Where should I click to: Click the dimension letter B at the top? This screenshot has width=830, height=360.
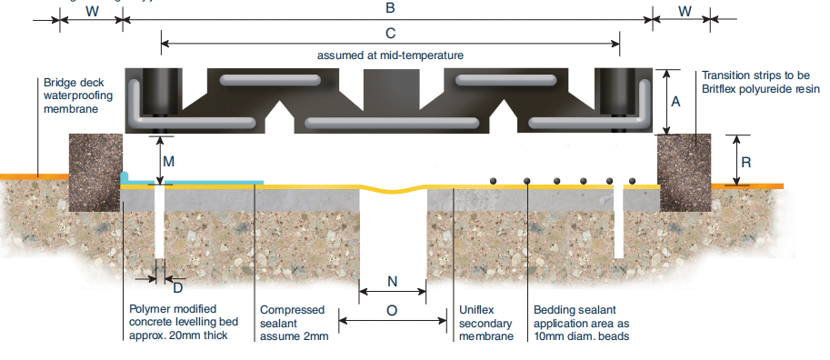389,9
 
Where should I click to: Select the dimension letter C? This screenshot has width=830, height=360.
390,34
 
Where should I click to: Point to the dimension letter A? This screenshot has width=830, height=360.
675,103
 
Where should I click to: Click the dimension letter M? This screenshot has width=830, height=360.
169,161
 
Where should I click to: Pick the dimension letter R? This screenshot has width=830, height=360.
745,164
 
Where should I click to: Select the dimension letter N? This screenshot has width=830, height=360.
392,281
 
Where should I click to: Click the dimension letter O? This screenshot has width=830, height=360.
392,310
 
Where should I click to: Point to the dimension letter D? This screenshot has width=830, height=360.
177,288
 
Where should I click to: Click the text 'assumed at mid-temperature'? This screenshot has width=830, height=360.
390,55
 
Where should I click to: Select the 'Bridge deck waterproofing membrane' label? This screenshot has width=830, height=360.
77,95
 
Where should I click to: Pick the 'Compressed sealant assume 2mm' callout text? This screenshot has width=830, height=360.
292,323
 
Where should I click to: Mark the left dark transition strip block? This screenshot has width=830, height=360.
95,173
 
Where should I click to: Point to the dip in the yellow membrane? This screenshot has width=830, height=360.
393,190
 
